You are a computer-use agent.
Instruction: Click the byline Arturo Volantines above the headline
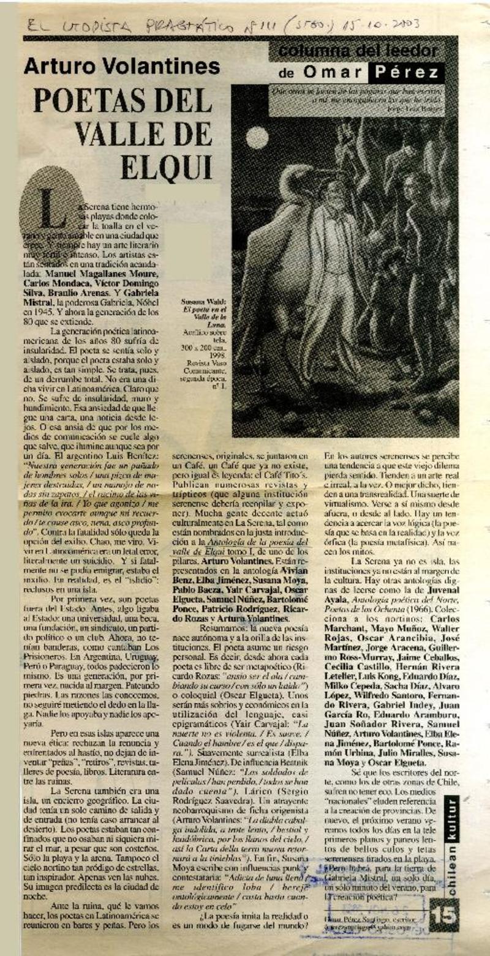tap(121, 67)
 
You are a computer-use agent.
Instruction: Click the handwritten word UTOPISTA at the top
tap(92, 26)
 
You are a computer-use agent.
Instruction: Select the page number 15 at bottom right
tap(442, 914)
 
